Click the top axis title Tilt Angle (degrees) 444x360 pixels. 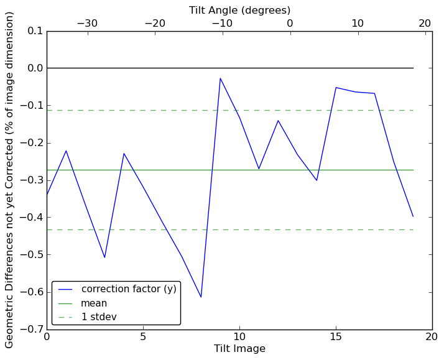pyautogui.click(x=239, y=10)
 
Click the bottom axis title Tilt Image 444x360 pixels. pyautogui.click(x=239, y=349)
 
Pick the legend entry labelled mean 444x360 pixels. pyautogui.click(x=94, y=303)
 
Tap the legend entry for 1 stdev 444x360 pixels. pyautogui.click(x=99, y=317)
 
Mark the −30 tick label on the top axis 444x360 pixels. pyautogui.click(x=87, y=24)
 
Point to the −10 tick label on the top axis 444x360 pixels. pyautogui.click(x=222, y=24)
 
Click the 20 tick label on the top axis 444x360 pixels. pyautogui.click(x=425, y=24)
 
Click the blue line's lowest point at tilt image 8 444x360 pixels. pyautogui.click(x=201, y=297)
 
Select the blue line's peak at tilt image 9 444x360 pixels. pyautogui.click(x=220, y=78)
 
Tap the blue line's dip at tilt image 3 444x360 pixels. pyautogui.click(x=104, y=257)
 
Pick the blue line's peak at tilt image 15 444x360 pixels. pyautogui.click(x=336, y=88)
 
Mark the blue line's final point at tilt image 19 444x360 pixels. pyautogui.click(x=413, y=216)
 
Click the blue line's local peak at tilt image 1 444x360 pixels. pyautogui.click(x=66, y=150)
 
